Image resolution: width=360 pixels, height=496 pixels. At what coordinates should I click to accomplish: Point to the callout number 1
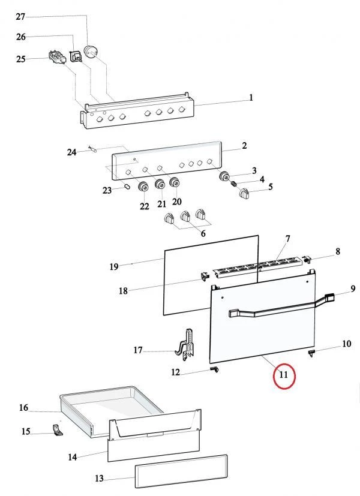[251, 98]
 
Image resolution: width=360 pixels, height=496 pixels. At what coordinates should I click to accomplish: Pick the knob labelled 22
[144, 188]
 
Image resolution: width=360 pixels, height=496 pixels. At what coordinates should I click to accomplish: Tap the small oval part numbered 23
[127, 187]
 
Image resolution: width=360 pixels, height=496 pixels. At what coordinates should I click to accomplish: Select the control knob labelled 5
[245, 193]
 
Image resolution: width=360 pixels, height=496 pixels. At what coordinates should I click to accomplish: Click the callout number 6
[203, 233]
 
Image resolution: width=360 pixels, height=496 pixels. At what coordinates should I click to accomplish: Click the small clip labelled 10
[312, 353]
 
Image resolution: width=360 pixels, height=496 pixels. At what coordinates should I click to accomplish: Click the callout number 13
[100, 479]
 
